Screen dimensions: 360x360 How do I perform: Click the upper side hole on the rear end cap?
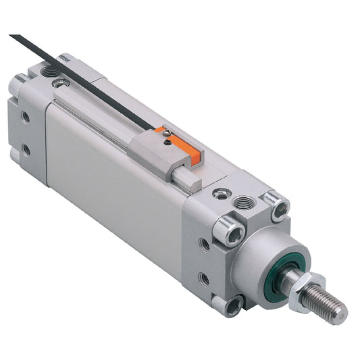pos(25,117)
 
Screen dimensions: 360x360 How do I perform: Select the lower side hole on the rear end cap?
pos(26,149)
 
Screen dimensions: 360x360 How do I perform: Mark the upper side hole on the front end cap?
pos(204,244)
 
